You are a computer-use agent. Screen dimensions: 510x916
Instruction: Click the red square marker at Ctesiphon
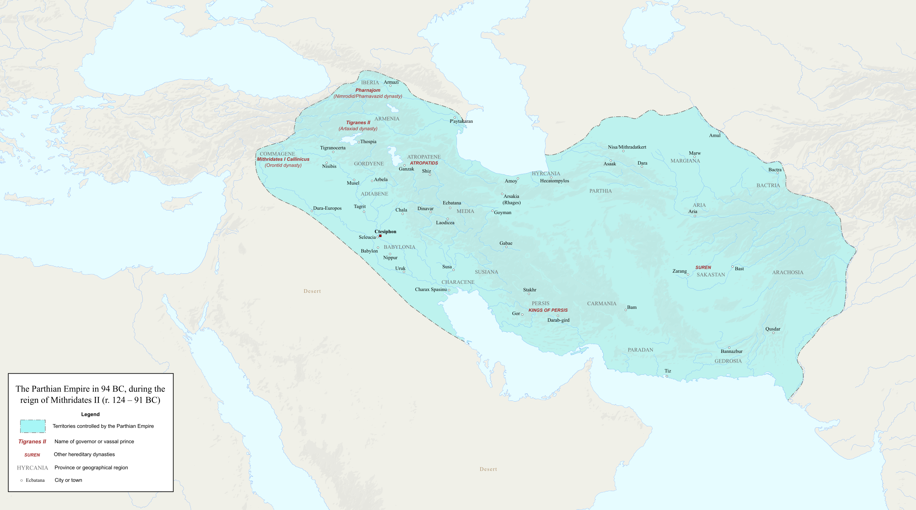point(380,236)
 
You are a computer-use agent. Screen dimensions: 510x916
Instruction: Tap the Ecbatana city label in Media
point(452,203)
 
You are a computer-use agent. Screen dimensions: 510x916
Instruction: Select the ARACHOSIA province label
point(788,272)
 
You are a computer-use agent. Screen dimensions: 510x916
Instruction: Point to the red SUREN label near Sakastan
point(703,267)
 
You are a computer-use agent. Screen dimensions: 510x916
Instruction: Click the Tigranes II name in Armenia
point(358,122)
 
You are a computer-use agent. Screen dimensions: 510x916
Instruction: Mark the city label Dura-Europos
point(327,208)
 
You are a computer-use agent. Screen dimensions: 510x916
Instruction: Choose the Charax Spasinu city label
point(430,290)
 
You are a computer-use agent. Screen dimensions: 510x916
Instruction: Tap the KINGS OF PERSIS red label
point(548,310)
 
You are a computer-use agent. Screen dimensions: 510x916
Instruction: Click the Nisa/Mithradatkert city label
point(627,147)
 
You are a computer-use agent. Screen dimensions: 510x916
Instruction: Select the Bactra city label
point(775,170)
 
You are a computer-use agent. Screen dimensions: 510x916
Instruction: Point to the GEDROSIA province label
point(728,361)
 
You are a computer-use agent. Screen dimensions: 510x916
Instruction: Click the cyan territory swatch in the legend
point(33,426)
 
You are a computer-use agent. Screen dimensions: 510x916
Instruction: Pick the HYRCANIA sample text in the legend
point(32,468)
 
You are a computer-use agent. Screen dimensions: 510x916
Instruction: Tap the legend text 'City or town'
point(68,480)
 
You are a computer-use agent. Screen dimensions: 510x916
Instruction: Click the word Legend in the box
point(90,414)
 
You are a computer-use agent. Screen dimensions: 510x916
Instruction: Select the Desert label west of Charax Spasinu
point(312,291)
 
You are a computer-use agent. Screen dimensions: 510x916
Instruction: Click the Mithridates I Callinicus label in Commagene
point(283,159)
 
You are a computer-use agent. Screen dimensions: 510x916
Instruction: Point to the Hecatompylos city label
point(554,181)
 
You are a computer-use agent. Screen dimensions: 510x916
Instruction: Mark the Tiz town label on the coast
point(668,371)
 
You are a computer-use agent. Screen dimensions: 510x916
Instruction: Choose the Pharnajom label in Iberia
point(367,90)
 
